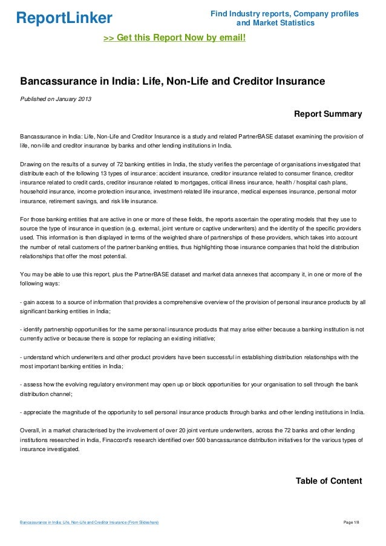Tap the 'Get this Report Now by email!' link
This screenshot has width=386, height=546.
tap(175, 38)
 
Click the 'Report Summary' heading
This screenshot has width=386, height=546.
tap(327, 114)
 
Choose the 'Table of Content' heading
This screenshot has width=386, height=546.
tap(329, 481)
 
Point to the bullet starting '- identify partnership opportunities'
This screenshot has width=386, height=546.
tap(191, 334)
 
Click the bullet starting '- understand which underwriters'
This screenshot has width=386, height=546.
tap(191, 362)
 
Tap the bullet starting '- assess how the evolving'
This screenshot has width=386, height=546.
tap(191, 389)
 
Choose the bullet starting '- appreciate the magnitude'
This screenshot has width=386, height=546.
tap(191, 413)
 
